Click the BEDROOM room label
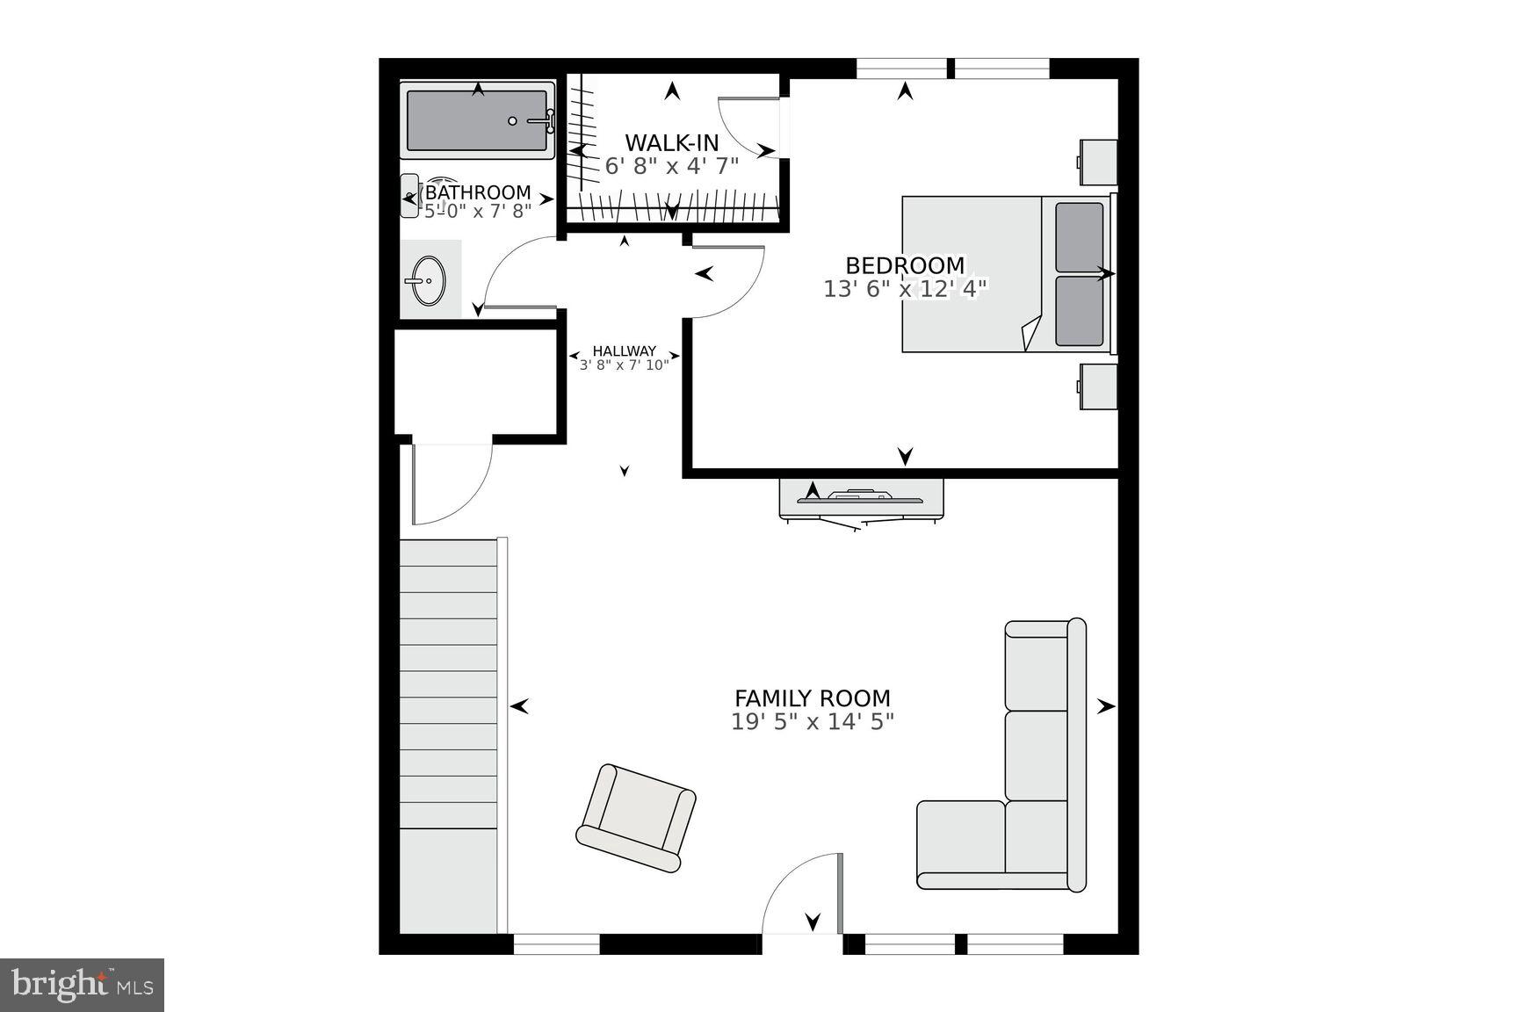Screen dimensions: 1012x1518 click(x=905, y=265)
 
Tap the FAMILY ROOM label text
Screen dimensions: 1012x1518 click(x=812, y=698)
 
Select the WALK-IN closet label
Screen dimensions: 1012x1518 click(x=672, y=142)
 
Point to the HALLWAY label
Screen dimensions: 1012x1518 click(x=624, y=351)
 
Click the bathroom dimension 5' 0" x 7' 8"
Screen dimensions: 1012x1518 click(x=479, y=211)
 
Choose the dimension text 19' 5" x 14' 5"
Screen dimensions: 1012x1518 click(x=812, y=722)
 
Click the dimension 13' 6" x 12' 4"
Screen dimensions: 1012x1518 click(x=905, y=288)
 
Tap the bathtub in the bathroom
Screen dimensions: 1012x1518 click(x=477, y=120)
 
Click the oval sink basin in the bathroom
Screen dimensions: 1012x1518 click(x=428, y=281)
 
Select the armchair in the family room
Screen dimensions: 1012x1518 click(x=637, y=818)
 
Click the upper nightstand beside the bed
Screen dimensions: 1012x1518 click(x=1098, y=163)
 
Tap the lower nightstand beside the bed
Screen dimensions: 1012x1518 click(x=1098, y=387)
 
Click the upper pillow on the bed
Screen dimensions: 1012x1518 click(x=1079, y=237)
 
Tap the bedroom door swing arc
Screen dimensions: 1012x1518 click(x=729, y=281)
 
